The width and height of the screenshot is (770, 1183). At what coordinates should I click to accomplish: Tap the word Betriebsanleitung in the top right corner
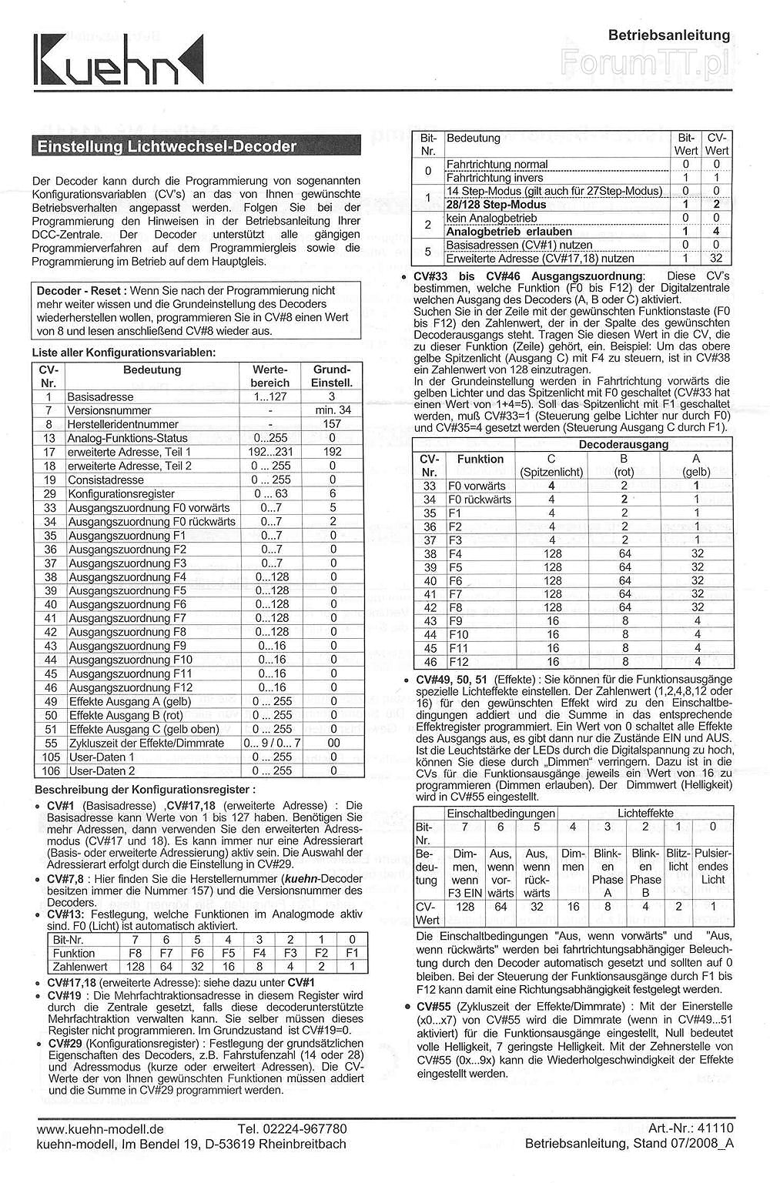point(668,35)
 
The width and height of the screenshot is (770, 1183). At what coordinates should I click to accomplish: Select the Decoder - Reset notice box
point(196,310)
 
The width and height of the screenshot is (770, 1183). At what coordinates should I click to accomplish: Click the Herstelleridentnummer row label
point(122,424)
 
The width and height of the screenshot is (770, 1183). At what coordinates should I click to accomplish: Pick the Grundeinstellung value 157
point(333,424)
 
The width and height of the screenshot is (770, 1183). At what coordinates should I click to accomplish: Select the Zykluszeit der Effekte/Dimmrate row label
point(146,743)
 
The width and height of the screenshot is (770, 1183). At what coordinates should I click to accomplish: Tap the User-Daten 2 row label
point(102,770)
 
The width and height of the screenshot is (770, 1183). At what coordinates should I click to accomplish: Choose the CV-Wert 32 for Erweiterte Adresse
point(716,259)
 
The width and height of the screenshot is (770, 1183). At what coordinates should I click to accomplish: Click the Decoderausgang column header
point(623,444)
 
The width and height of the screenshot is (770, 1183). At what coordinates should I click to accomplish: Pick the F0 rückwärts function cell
point(479,500)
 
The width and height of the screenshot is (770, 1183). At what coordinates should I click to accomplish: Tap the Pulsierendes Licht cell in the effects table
point(712,866)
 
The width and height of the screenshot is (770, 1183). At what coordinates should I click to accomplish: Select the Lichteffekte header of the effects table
point(645,813)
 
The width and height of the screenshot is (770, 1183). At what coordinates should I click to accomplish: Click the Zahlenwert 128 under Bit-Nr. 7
point(136,967)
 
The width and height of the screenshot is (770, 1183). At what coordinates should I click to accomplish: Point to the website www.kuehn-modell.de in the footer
point(100,1129)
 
